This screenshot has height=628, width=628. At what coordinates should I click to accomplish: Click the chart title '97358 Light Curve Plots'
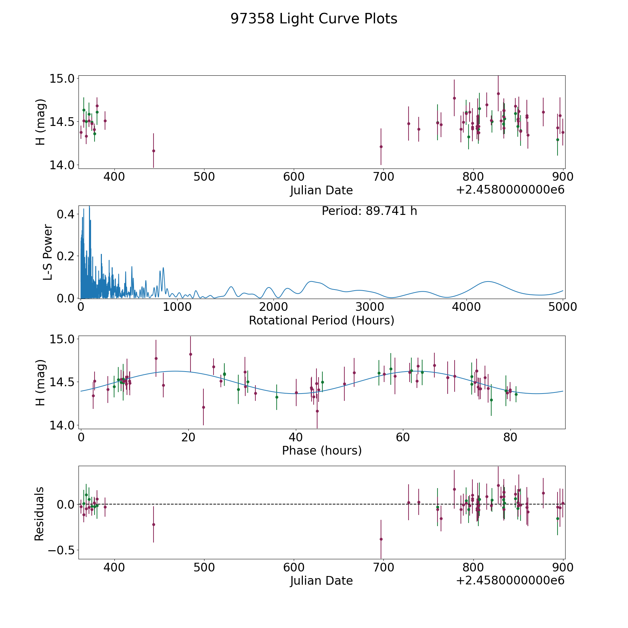314,19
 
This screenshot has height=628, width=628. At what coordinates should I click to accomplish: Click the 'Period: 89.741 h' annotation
369,211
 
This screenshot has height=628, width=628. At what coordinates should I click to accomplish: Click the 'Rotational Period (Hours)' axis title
321,320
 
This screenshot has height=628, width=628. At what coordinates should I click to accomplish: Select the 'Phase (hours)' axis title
321,450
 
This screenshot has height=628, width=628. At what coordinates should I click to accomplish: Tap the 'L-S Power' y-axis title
48,252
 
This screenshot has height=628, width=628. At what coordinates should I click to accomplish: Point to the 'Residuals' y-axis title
39,514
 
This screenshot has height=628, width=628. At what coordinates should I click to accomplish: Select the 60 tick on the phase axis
403,438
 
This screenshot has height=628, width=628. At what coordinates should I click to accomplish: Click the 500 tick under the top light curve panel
204,177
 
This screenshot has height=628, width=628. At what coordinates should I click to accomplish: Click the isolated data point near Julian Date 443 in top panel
154,151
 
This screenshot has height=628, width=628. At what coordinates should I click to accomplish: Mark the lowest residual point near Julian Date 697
381,539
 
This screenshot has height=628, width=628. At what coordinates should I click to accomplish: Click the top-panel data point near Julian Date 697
381,147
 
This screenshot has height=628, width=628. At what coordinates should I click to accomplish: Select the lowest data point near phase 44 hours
317,411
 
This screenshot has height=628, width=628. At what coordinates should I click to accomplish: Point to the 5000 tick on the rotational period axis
563,307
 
